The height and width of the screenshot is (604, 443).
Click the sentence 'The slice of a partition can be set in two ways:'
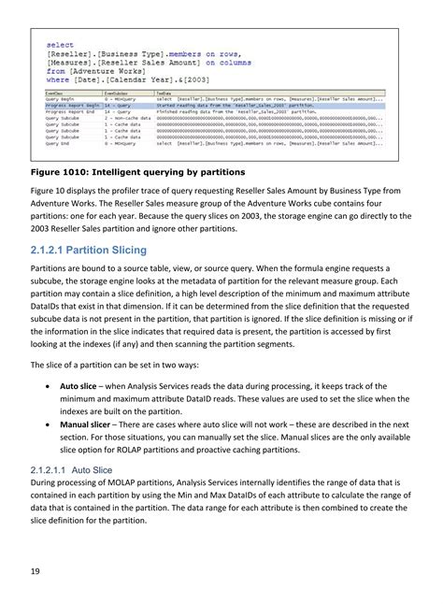(x=131, y=364)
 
